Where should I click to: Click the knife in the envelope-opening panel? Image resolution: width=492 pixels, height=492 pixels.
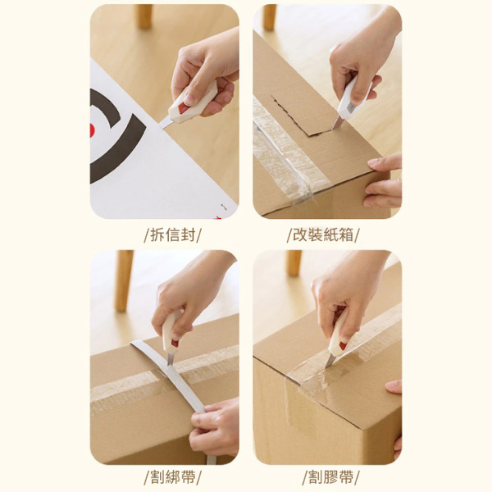[x=187, y=105]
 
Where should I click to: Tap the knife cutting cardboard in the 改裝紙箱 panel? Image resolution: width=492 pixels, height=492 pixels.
[x=347, y=100]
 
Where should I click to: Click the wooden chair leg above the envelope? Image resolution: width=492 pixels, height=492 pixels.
[x=144, y=16]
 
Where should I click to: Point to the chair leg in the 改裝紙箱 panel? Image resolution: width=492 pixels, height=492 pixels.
[x=269, y=16]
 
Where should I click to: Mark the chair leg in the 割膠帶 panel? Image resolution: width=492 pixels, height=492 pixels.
[x=294, y=263]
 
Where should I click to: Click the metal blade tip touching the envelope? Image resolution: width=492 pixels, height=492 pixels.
[x=164, y=123]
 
